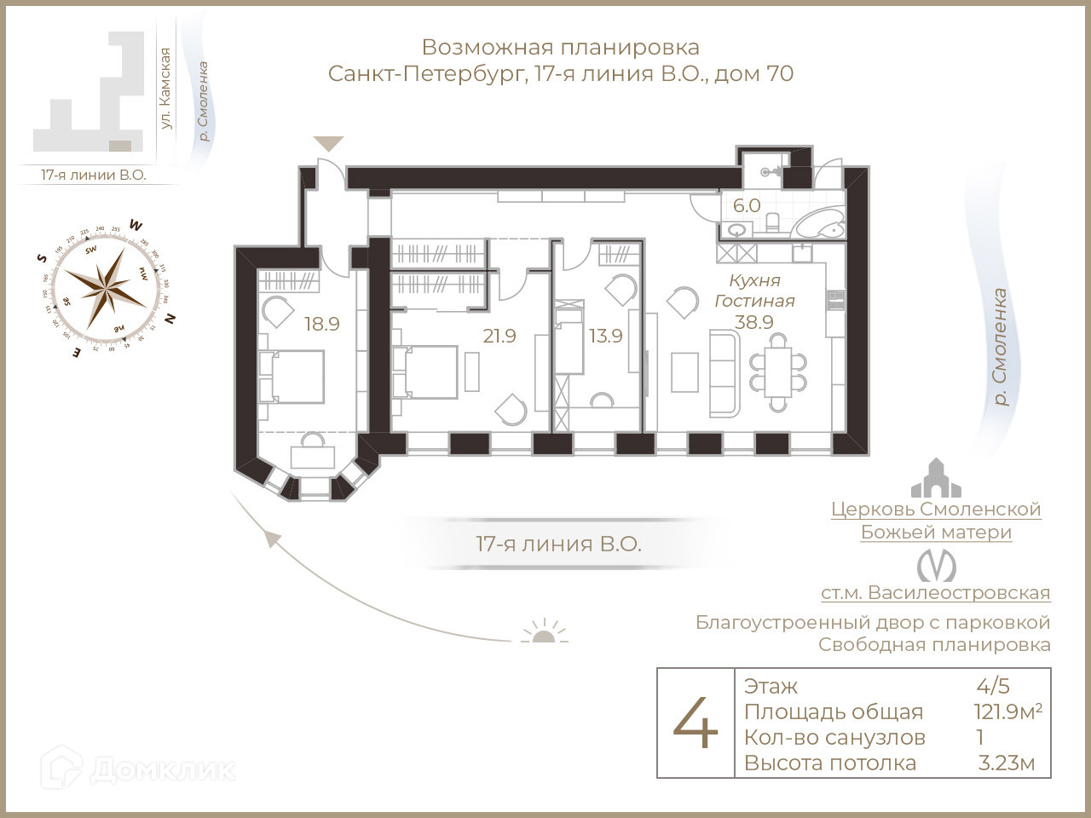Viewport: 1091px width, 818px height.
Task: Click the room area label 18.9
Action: coord(322,324)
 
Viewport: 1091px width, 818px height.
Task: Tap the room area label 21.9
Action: coord(499,336)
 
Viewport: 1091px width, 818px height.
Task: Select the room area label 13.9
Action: coord(605,336)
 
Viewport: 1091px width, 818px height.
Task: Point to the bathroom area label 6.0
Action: coord(747,205)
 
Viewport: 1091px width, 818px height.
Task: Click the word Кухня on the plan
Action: coord(754,280)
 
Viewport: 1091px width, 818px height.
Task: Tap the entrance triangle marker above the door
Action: coord(328,144)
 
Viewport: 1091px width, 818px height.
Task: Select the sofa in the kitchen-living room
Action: coord(724,373)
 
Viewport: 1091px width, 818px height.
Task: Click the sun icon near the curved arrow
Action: coord(543,632)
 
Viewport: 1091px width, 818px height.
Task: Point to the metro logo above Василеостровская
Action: coord(936,566)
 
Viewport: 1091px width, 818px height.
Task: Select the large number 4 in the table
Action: coord(696,723)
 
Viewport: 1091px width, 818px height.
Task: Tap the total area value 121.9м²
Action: coord(1007,712)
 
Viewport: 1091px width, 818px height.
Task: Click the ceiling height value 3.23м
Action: coord(1007,763)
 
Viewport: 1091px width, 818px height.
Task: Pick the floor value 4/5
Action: coord(993,686)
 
